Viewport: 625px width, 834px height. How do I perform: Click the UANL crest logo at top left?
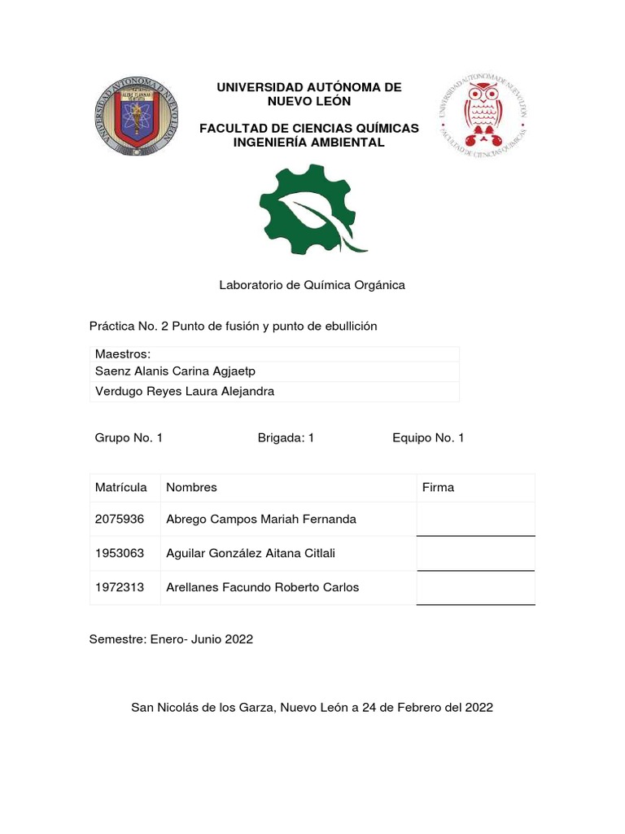(136, 116)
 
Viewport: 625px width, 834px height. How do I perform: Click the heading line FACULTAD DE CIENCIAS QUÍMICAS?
(308, 129)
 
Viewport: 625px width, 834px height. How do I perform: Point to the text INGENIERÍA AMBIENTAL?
(308, 143)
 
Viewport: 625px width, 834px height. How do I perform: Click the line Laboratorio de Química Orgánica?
(312, 285)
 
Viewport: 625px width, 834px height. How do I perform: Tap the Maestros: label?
(123, 354)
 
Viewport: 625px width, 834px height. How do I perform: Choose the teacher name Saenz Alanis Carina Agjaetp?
(175, 371)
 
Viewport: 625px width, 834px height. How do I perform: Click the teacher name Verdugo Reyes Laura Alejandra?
(185, 392)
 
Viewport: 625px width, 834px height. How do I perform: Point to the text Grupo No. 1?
(129, 438)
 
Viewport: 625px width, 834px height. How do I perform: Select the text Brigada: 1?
(286, 438)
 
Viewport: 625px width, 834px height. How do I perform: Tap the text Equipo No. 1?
(428, 438)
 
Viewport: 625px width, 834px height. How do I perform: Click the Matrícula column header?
(120, 488)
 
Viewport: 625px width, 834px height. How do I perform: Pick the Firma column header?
(438, 488)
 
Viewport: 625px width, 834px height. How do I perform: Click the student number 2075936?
(119, 519)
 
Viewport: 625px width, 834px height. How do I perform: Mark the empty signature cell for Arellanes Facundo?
(475, 587)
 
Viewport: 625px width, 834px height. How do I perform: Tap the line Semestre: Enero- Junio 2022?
(171, 639)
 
